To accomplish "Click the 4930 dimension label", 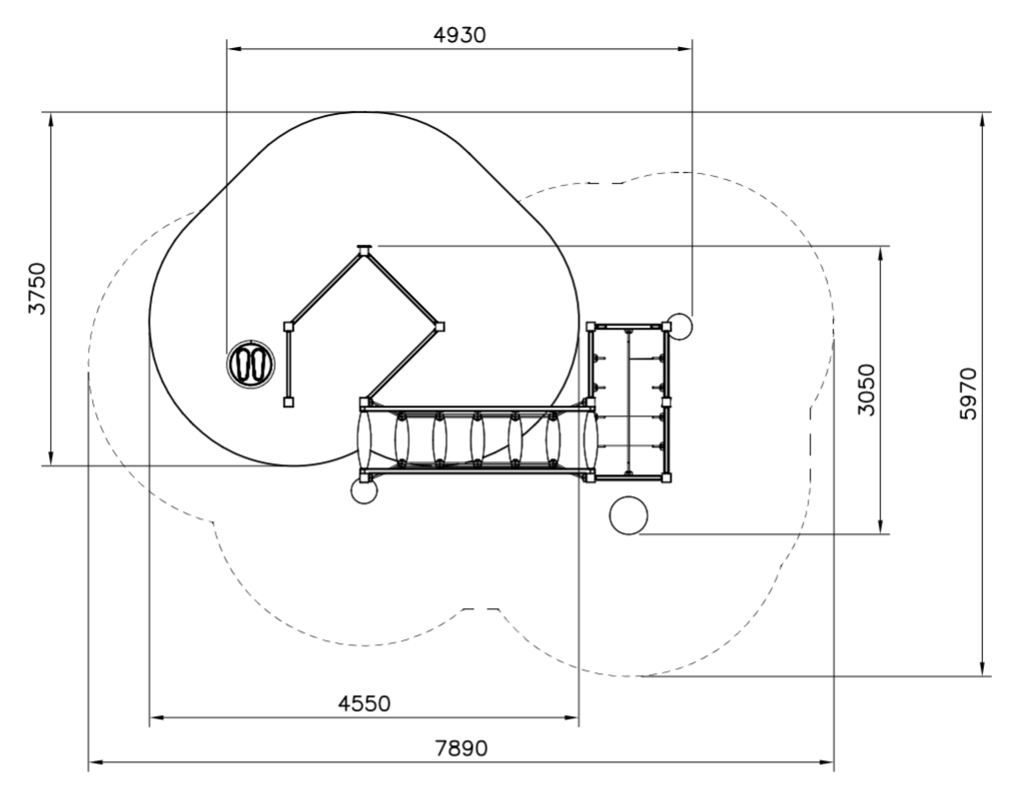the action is coord(460,35).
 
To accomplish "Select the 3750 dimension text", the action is coord(38,288).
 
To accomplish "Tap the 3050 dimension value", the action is coord(866,390).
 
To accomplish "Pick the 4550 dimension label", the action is coord(365,703).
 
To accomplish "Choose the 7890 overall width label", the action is coord(462,748).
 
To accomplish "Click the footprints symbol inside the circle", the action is coord(252,364).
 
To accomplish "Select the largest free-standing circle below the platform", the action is coord(628,515).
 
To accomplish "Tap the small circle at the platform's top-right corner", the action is coord(680,327).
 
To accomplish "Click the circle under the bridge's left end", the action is coord(364,489).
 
